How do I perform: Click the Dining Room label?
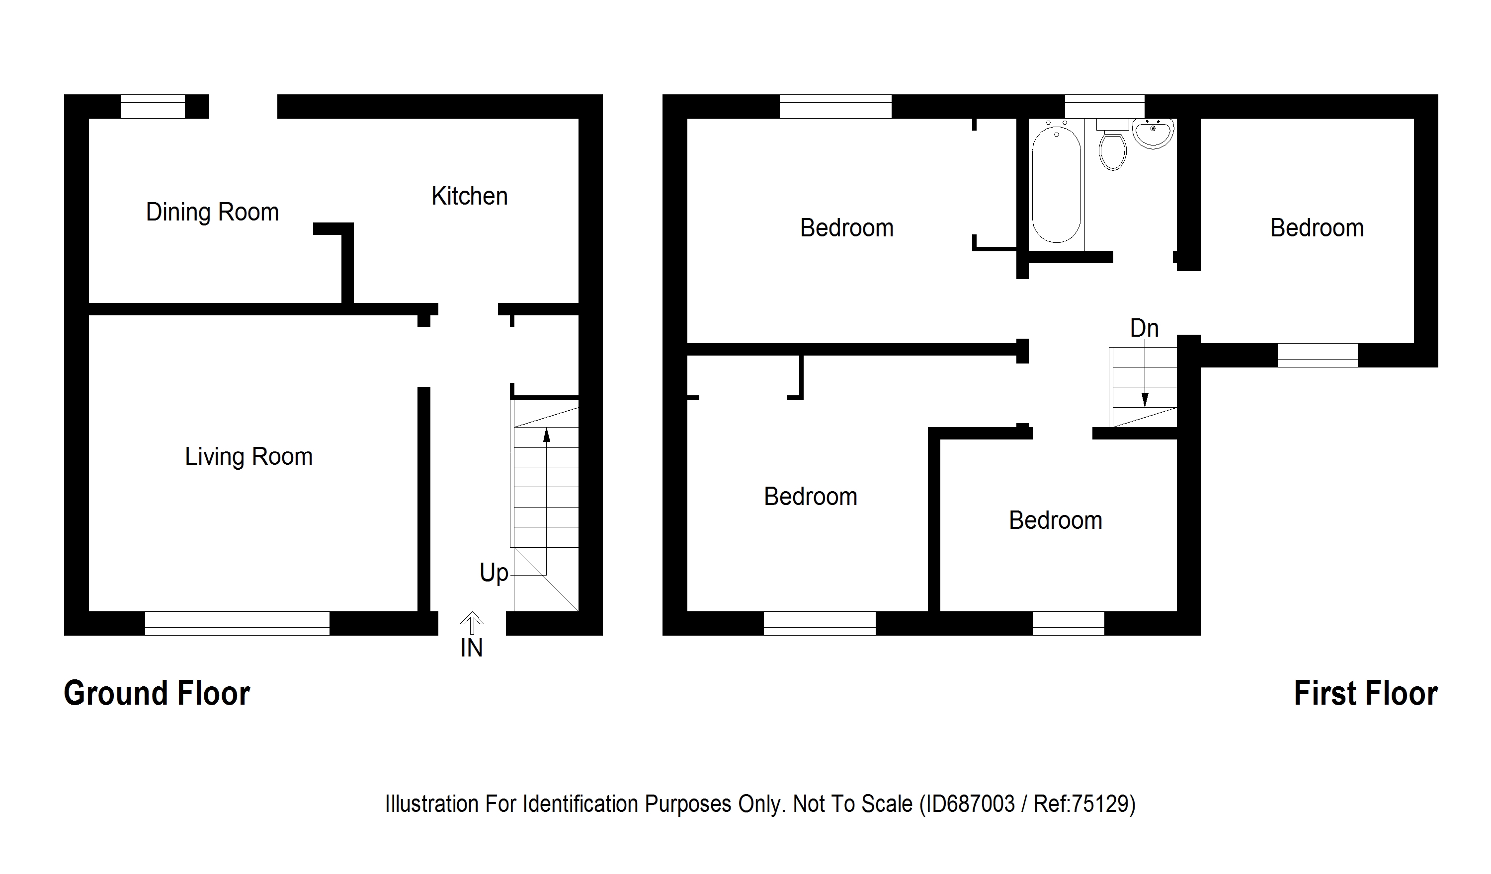(x=212, y=212)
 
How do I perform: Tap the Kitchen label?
(x=469, y=196)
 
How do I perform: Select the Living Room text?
(x=248, y=456)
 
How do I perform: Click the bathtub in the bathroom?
(x=1056, y=183)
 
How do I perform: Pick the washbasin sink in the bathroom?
(x=1153, y=133)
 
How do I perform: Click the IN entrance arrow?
(x=472, y=624)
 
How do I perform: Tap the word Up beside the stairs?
(x=494, y=573)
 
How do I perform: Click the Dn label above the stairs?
(x=1144, y=329)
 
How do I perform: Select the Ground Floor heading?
(x=157, y=693)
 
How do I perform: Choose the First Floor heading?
(x=1365, y=693)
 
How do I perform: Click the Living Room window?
(x=237, y=623)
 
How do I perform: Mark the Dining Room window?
(x=153, y=106)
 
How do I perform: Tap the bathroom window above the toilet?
(x=1104, y=106)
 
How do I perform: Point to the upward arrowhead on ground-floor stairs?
(x=546, y=435)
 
